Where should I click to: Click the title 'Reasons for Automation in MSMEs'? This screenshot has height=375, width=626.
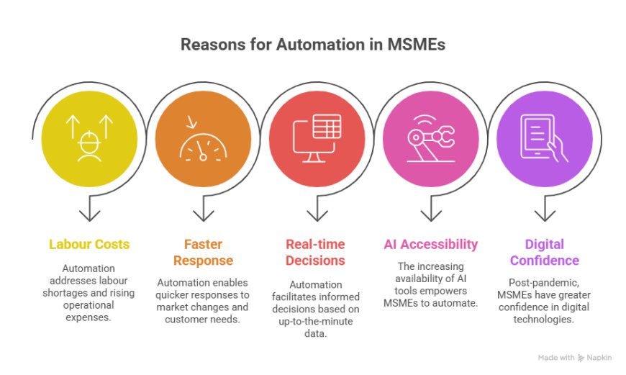point(312,45)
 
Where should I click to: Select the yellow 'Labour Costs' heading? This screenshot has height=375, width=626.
point(89,244)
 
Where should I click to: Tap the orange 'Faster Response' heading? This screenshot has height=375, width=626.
point(203,252)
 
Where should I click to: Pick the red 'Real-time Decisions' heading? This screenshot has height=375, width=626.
point(315,252)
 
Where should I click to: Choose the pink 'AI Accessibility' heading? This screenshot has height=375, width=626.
point(430,244)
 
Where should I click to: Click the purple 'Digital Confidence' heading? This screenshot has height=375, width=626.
point(544,252)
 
